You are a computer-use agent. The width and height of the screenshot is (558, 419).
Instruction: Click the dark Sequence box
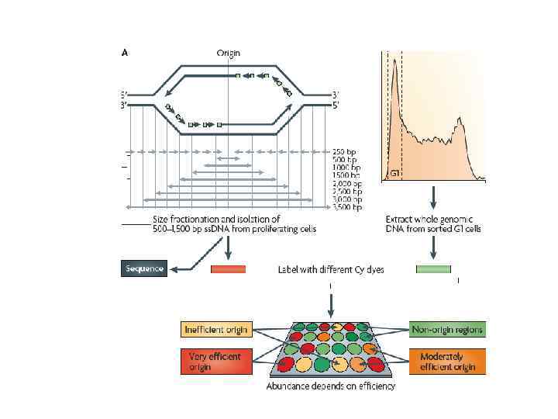[x=144, y=268]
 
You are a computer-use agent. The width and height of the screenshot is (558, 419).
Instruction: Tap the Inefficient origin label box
[x=215, y=330]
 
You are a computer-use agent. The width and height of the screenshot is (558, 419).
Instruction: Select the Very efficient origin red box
[x=215, y=362]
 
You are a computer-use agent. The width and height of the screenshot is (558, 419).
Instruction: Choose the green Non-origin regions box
[x=448, y=330]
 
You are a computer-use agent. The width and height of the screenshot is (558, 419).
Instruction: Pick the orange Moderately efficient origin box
[x=448, y=362]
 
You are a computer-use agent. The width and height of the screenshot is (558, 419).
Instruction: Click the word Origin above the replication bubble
[x=228, y=53]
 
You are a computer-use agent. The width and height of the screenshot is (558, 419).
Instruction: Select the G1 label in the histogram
[x=394, y=172]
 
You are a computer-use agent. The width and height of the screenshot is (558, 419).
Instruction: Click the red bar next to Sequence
[x=228, y=269]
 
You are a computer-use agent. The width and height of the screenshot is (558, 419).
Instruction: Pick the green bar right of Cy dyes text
[x=433, y=269]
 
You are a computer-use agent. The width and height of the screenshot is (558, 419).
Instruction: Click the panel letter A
[x=125, y=53]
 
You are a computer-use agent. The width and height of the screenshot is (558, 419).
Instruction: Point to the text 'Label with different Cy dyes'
[x=331, y=270]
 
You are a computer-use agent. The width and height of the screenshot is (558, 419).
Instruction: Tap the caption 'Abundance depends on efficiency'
[x=331, y=386]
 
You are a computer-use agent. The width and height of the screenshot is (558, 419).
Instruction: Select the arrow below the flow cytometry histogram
[x=433, y=196]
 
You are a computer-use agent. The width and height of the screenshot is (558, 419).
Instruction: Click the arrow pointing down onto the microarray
[x=331, y=303]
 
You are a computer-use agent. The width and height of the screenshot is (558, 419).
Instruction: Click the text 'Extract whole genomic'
[x=433, y=220]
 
